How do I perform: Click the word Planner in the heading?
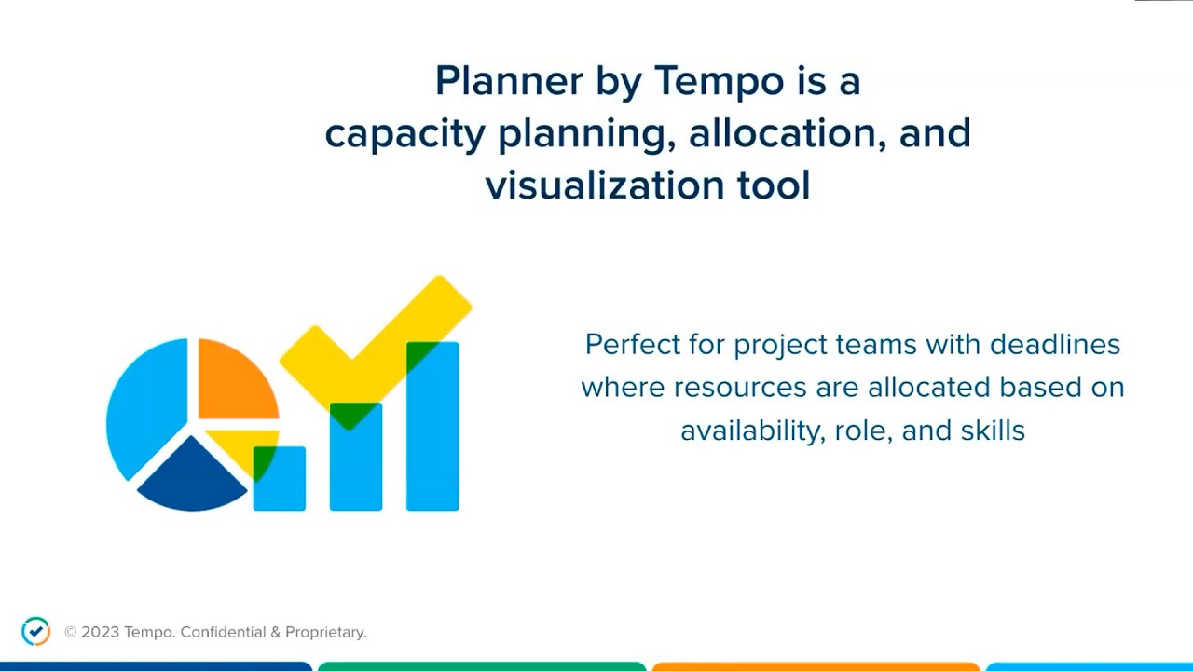pyautogui.click(x=495, y=81)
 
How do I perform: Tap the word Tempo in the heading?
pyautogui.click(x=719, y=81)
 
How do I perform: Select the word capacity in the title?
pyautogui.click(x=405, y=133)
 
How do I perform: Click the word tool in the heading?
pyautogui.click(x=773, y=185)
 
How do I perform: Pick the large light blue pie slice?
pyautogui.click(x=144, y=410)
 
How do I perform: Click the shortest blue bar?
pyautogui.click(x=280, y=485)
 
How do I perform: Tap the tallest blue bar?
pyautogui.click(x=432, y=438)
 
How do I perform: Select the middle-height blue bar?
pyautogui.click(x=356, y=466)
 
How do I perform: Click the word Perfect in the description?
pyautogui.click(x=631, y=344)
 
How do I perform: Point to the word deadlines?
pyautogui.click(x=1054, y=344)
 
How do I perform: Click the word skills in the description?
pyautogui.click(x=995, y=431)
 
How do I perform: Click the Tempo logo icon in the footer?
pyautogui.click(x=35, y=631)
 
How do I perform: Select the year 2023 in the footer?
pyautogui.click(x=100, y=632)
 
